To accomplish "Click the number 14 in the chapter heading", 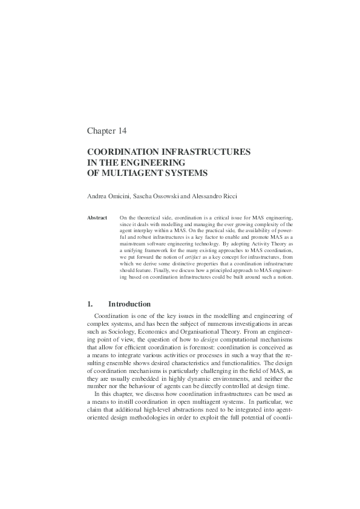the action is pos(121,131).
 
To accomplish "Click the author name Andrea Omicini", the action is pos(110,198).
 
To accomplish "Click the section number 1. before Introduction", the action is pos(90,304).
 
